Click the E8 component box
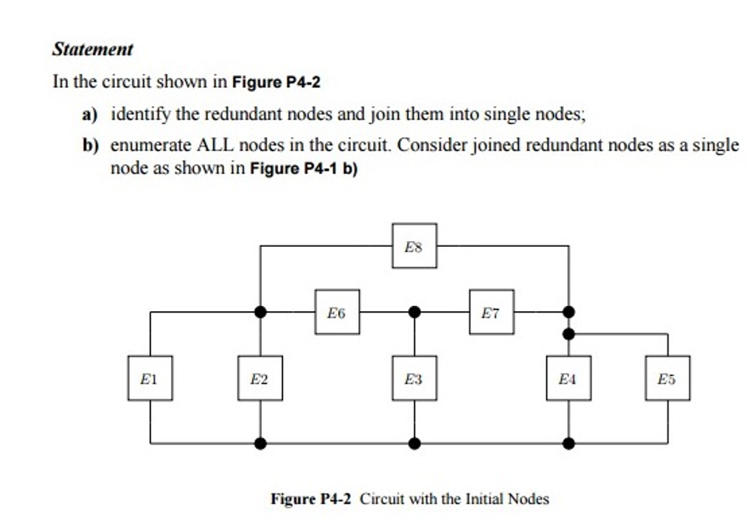(414, 245)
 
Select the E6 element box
(337, 312)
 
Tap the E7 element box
(491, 312)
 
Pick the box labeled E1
(150, 378)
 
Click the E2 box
(260, 378)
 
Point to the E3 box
(414, 378)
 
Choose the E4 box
(568, 378)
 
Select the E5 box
(667, 378)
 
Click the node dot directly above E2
(260, 312)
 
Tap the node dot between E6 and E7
(414, 312)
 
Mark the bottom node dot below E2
(260, 444)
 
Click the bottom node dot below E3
(414, 444)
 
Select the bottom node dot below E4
(568, 444)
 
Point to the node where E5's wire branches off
(568, 334)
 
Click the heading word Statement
(93, 50)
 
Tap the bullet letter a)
(90, 115)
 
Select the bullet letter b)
(90, 145)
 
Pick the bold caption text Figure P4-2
(314, 499)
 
